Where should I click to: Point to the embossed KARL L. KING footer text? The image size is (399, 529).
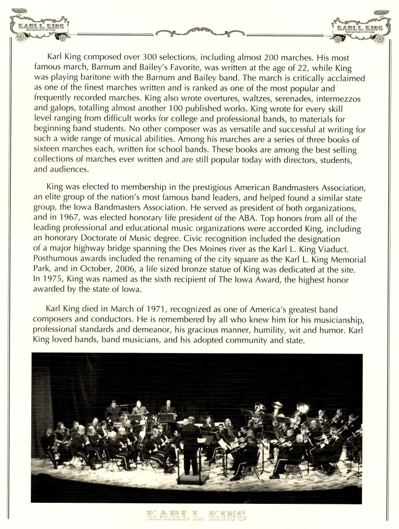point(197,515)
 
